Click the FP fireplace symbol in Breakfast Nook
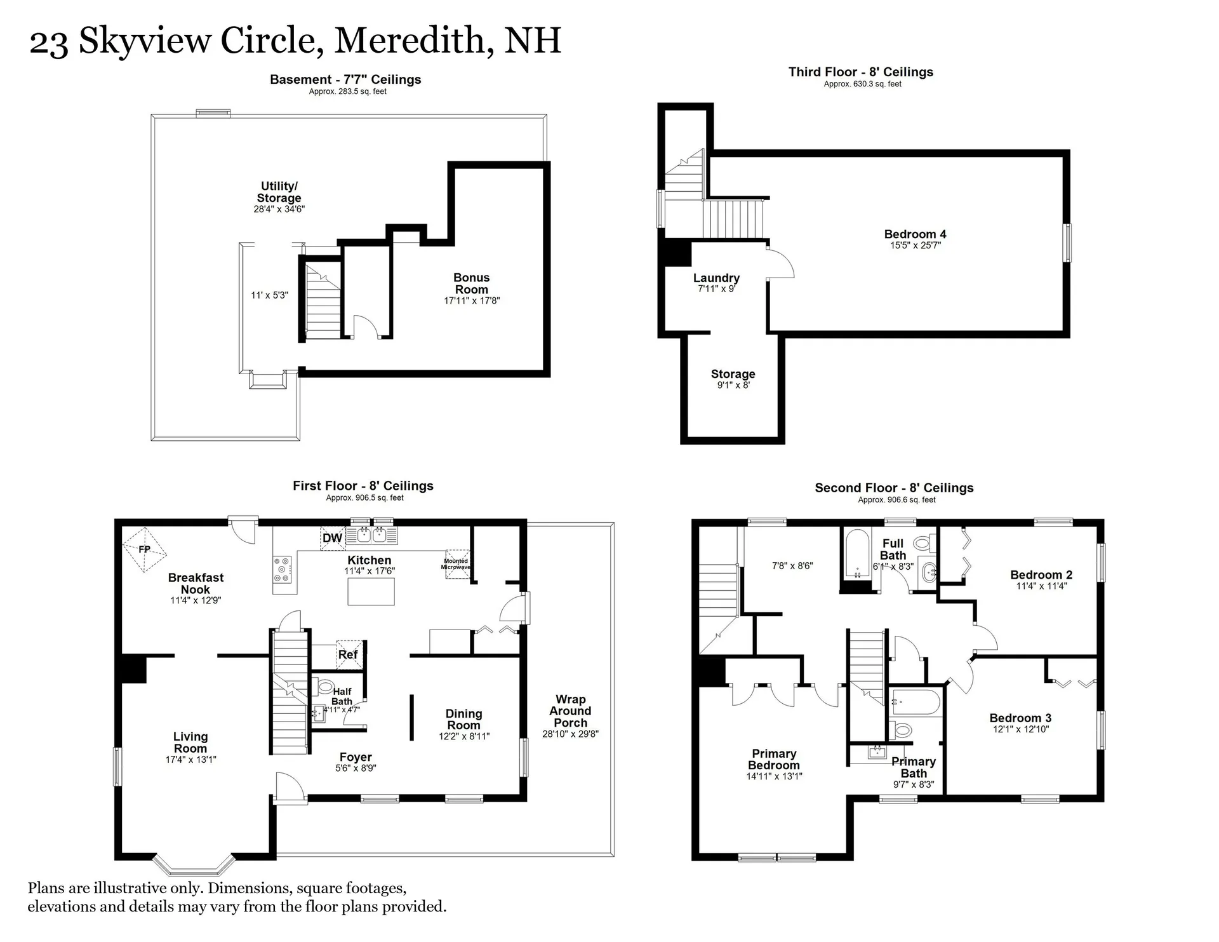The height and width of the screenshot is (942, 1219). [x=144, y=549]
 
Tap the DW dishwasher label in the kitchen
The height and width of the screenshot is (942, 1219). [x=332, y=538]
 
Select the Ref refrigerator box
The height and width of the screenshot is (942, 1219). [x=349, y=654]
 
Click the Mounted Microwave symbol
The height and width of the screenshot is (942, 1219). [x=456, y=563]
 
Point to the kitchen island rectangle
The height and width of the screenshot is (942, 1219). [x=371, y=591]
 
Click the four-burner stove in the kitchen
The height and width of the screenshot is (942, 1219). [x=282, y=570]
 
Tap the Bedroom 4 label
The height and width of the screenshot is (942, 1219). [x=915, y=234]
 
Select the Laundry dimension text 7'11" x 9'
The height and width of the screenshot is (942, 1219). [x=716, y=289]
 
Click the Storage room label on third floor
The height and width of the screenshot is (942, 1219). [x=733, y=374]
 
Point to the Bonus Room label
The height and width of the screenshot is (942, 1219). [x=471, y=283]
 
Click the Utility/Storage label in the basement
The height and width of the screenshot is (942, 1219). [x=279, y=192]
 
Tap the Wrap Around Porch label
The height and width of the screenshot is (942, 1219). [x=570, y=711]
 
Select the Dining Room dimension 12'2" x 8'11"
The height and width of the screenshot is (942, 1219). [x=464, y=736]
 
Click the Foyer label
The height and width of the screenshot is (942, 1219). [x=356, y=757]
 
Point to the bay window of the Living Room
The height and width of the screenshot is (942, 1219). [x=194, y=865]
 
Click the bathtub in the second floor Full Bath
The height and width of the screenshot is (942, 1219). [x=857, y=554]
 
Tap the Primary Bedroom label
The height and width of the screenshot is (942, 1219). [x=773, y=759]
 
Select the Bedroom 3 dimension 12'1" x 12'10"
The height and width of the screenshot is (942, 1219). [x=1020, y=729]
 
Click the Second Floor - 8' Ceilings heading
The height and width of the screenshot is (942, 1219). [x=894, y=488]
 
